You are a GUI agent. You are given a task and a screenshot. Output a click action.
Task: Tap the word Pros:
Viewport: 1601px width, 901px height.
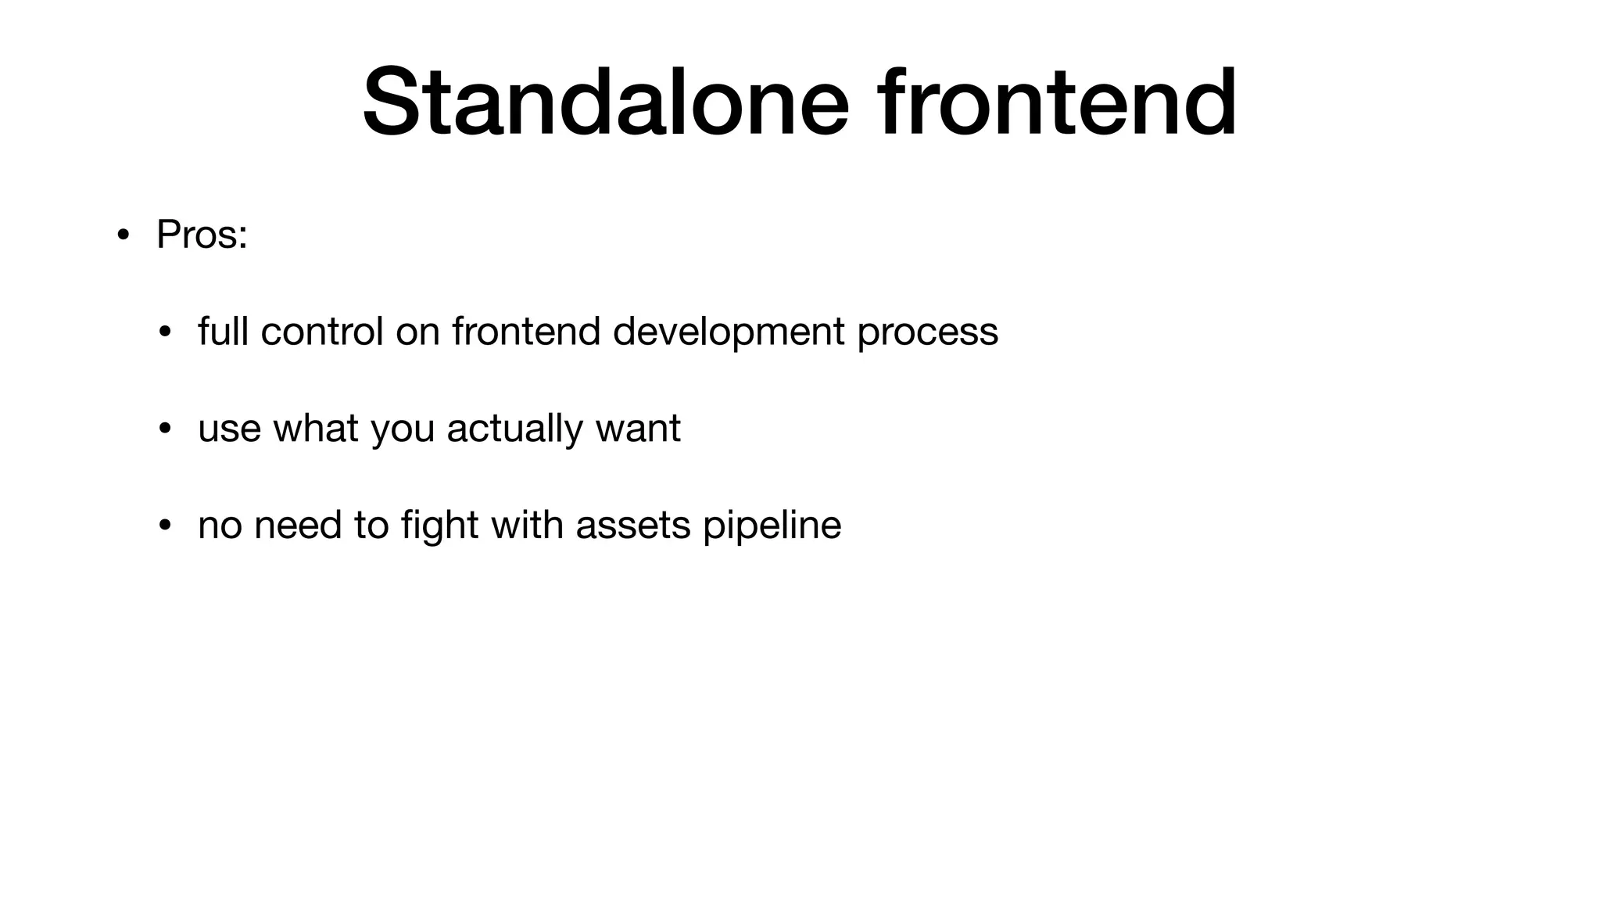pos(202,235)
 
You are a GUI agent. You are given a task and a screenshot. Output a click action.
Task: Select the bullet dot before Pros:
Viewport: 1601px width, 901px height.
pos(123,235)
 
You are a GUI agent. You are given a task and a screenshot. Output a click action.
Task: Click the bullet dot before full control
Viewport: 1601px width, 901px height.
pos(164,332)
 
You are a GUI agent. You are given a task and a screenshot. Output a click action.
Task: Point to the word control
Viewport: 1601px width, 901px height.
pos(321,332)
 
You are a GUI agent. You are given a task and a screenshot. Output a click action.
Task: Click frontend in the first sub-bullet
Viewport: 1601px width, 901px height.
pos(525,332)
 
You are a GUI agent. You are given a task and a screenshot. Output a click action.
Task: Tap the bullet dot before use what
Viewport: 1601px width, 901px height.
pos(164,429)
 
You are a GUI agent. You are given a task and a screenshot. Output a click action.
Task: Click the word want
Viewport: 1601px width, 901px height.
pos(638,429)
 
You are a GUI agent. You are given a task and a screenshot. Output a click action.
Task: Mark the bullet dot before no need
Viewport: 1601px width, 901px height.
pos(164,526)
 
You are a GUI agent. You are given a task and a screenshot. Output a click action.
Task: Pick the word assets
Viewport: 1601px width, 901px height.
pos(633,526)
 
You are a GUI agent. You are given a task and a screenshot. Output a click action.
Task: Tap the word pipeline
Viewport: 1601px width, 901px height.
pos(772,526)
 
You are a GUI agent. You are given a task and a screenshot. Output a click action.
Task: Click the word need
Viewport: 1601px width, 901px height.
pos(298,525)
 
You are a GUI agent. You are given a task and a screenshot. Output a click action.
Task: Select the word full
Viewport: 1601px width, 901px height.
pos(223,332)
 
